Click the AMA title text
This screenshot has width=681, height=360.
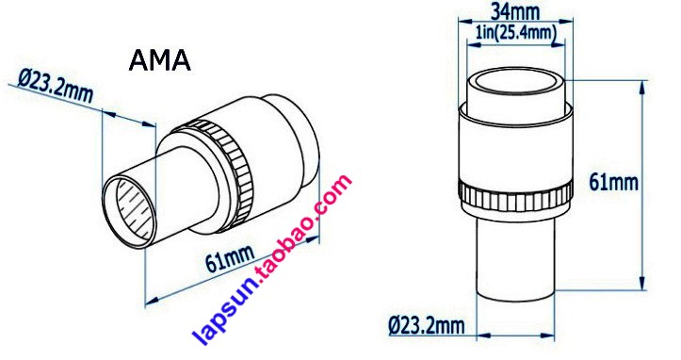tap(160, 60)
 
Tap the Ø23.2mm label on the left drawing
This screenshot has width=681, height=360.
tap(56, 87)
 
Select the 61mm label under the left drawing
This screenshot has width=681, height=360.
tap(229, 258)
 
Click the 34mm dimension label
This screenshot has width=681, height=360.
tap(515, 11)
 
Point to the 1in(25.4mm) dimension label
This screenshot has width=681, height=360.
tap(516, 33)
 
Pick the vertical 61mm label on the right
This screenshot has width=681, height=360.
tap(614, 182)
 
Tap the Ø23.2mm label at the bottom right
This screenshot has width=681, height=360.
tap(427, 325)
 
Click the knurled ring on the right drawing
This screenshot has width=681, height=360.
tap(515, 197)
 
